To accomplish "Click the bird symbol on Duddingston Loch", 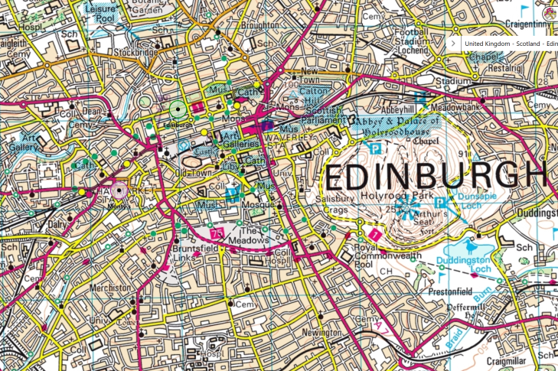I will pyautogui.click(x=470, y=246).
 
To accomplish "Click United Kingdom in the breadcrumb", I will pyautogui.click(x=487, y=44).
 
